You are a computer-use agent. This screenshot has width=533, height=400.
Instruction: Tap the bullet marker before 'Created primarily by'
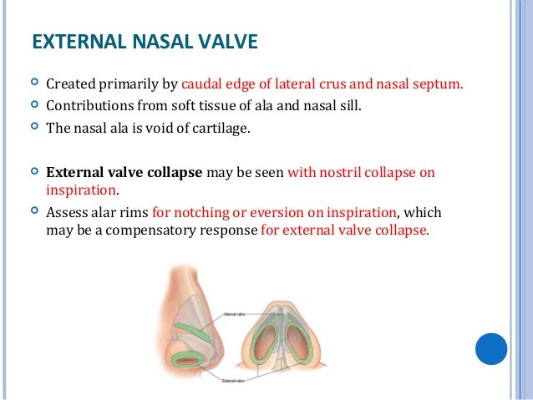(33, 84)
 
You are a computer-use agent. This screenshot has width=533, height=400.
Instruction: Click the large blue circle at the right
(491, 348)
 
